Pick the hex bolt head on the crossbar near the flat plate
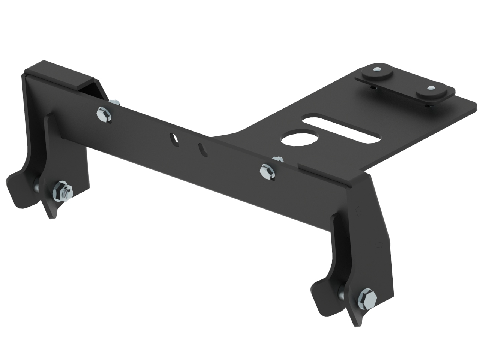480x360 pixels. [x=267, y=171]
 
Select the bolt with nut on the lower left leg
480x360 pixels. [x=61, y=192]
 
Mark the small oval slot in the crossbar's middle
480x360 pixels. [x=203, y=149]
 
